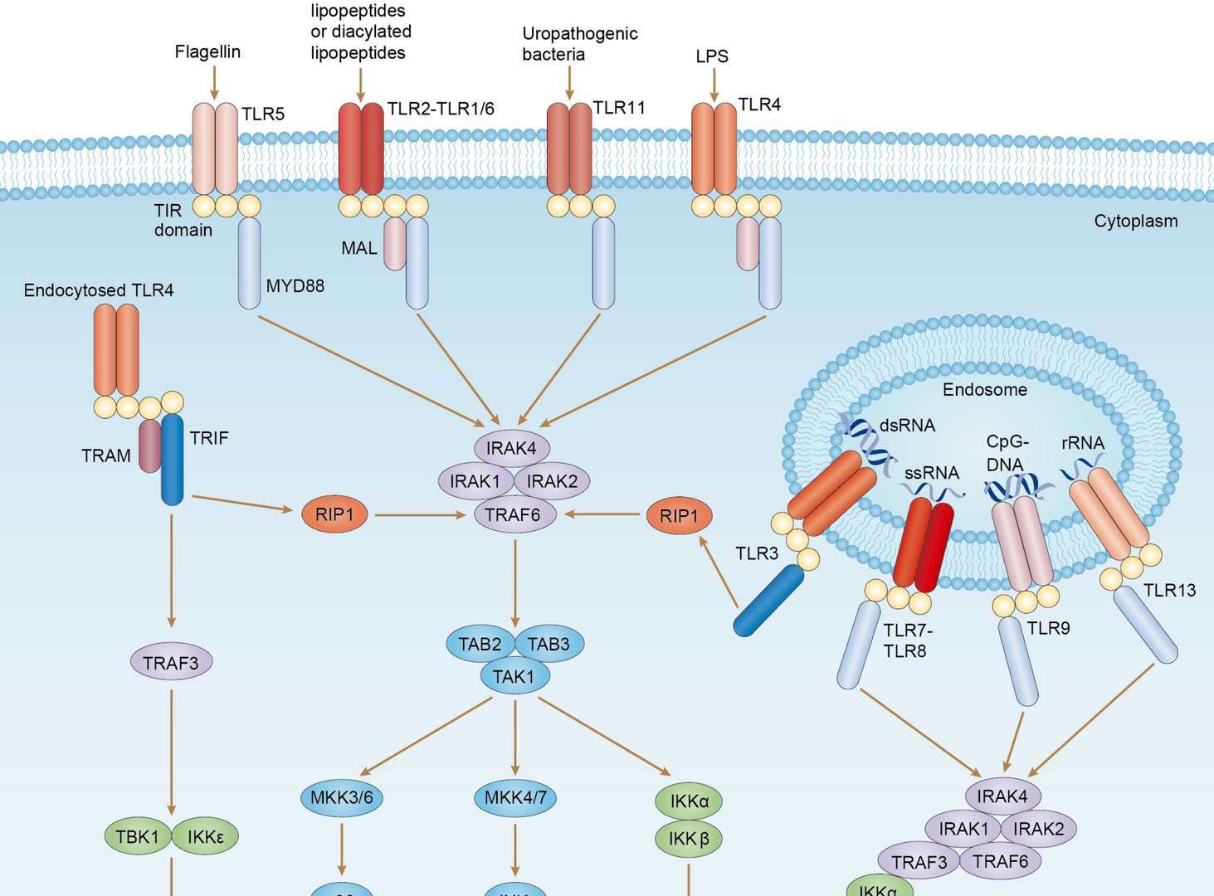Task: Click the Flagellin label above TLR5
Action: click(207, 51)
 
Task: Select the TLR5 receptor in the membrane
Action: click(215, 149)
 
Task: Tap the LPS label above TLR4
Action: click(712, 56)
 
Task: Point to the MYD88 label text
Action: click(295, 286)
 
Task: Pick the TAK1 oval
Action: click(514, 676)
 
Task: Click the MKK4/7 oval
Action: click(515, 798)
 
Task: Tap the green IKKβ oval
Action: click(689, 839)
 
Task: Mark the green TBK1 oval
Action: click(137, 836)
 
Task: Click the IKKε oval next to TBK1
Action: click(205, 836)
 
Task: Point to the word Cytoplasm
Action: click(1135, 222)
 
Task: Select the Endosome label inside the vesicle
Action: click(984, 390)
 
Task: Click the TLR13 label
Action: click(1169, 591)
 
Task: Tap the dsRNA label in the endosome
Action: click(907, 426)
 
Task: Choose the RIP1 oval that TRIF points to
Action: click(335, 515)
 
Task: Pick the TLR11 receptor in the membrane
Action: click(569, 149)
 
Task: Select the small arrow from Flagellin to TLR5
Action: click(214, 83)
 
